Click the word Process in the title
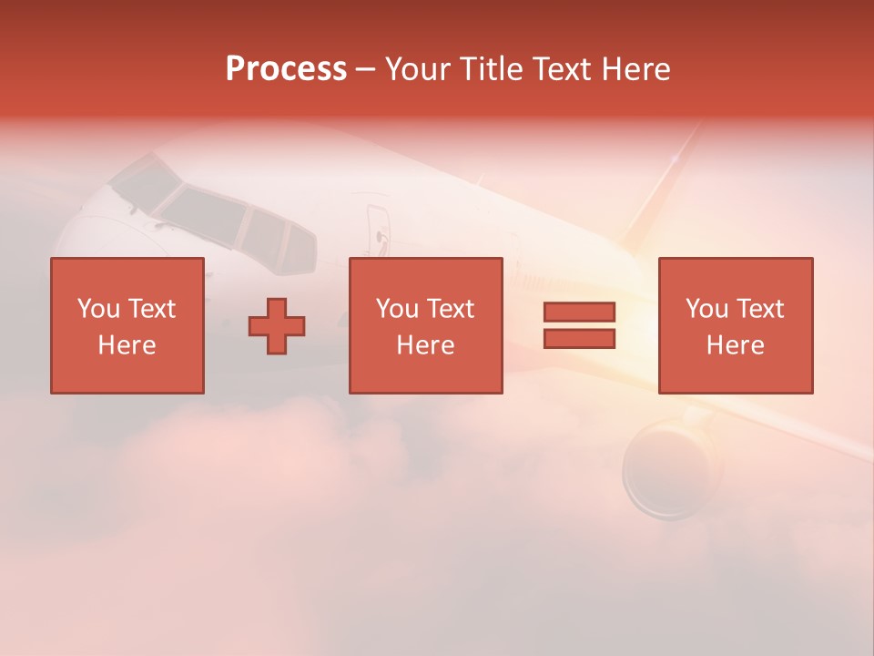pos(286,69)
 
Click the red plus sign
pos(277,326)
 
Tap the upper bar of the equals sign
pos(579,313)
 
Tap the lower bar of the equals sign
pos(579,339)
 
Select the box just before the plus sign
pos(127,325)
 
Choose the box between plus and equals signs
pos(425,325)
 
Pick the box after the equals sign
pos(735,325)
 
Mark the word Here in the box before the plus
pos(127,345)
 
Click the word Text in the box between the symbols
pos(451,309)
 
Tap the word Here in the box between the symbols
pos(425,345)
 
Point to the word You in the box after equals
pos(706,309)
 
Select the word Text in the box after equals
pos(760,309)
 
